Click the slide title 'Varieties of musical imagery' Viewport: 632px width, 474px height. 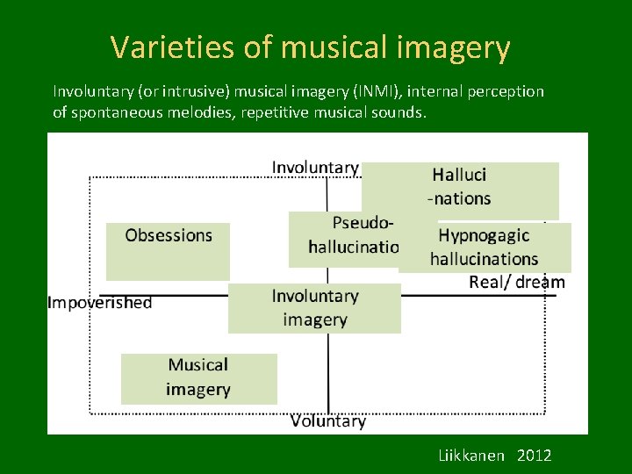tap(310, 47)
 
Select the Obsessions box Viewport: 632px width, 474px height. tap(168, 250)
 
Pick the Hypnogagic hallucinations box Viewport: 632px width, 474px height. tap(485, 248)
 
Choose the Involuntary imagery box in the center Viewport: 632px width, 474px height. tap(314, 308)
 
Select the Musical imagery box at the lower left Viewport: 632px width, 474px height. tap(198, 377)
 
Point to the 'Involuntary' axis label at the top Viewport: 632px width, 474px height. tap(315, 167)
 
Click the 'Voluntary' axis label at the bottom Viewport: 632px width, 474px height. tap(327, 421)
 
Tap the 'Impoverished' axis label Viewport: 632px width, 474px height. tap(99, 303)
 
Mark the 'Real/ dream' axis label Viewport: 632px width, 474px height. tap(517, 282)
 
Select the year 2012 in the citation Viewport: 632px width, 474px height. tap(535, 455)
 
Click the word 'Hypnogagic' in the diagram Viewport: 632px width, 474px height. tap(484, 235)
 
